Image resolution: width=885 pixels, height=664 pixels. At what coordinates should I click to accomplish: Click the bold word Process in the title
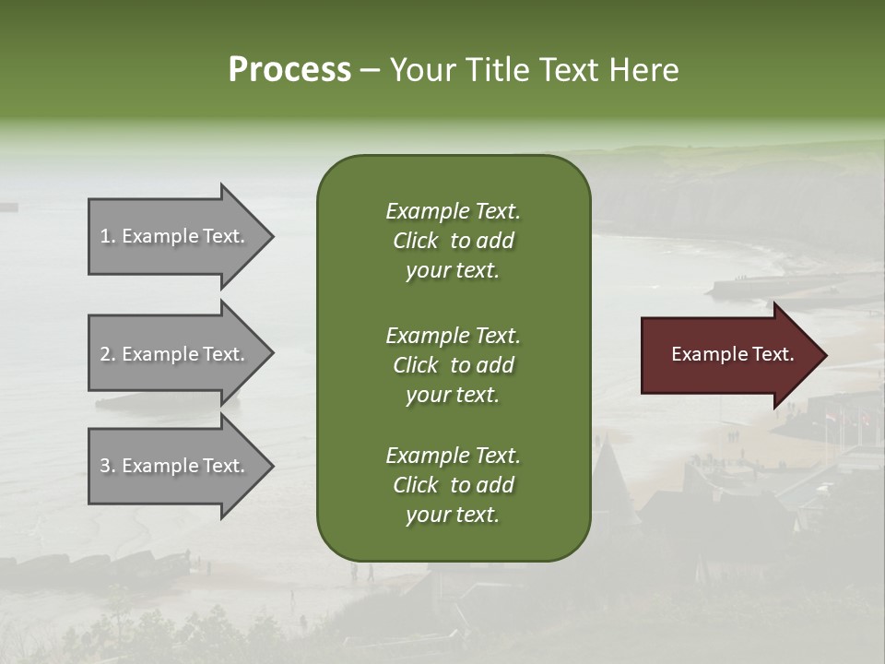(289, 70)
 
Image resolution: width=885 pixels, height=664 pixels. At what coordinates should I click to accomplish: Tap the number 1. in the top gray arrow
(108, 236)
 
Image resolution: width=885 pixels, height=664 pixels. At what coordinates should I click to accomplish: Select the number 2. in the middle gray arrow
(108, 354)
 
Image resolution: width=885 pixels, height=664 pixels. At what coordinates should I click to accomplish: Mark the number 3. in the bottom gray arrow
(108, 466)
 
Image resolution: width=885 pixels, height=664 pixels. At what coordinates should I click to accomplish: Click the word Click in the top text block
(416, 241)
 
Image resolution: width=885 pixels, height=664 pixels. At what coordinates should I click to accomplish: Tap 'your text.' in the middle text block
(453, 395)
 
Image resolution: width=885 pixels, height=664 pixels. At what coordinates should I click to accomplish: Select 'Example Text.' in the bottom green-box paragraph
(453, 456)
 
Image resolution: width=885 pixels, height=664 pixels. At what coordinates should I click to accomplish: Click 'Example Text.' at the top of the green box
(453, 211)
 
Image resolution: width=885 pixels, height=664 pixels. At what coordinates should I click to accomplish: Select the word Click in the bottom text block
(416, 485)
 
